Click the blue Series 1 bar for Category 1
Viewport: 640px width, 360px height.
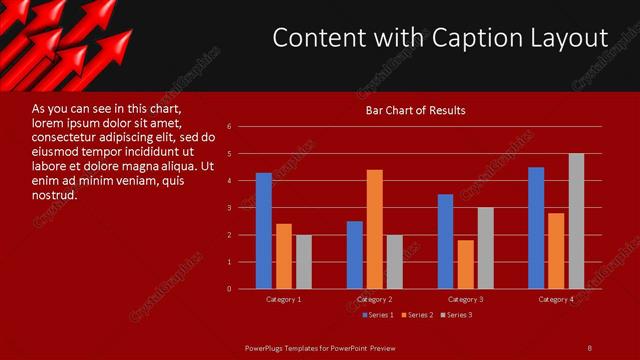pyautogui.click(x=264, y=231)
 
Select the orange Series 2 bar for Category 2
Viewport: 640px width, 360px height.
pyautogui.click(x=375, y=229)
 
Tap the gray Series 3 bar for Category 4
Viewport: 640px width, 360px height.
pyautogui.click(x=576, y=221)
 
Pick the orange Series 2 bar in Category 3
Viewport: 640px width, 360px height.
pyautogui.click(x=466, y=264)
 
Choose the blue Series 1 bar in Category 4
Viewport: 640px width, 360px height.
pyautogui.click(x=536, y=228)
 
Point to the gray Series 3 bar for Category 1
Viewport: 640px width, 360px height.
pyautogui.click(x=304, y=262)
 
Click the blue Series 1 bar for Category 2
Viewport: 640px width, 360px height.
pyautogui.click(x=355, y=255)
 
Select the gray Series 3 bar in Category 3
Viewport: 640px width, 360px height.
pyautogui.click(x=486, y=248)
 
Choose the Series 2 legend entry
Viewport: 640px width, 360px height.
pyautogui.click(x=417, y=315)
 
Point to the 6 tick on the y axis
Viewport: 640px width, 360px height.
pyautogui.click(x=230, y=127)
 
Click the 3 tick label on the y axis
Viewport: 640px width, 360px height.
pyautogui.click(x=230, y=208)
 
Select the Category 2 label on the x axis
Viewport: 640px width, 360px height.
pyautogui.click(x=375, y=299)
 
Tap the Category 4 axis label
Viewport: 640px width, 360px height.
pyautogui.click(x=556, y=299)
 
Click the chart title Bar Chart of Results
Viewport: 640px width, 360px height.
pyautogui.click(x=415, y=110)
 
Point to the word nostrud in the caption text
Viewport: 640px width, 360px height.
pyautogui.click(x=55, y=194)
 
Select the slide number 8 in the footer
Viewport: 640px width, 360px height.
pyautogui.click(x=589, y=347)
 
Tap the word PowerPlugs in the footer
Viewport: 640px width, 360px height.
pyautogui.click(x=267, y=347)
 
